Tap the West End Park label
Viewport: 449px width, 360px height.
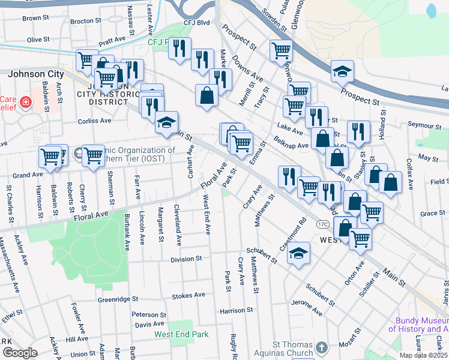[x=180, y=334]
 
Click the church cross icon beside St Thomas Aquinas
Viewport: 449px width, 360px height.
[x=322, y=347]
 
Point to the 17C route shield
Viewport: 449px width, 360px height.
[x=322, y=224]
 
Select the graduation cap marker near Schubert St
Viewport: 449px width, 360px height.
[x=298, y=254]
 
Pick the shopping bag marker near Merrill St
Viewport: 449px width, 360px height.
[x=206, y=95]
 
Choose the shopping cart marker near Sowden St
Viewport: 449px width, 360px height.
[x=280, y=52]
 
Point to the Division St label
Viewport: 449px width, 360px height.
[x=186, y=259]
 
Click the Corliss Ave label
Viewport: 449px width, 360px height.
[x=94, y=121]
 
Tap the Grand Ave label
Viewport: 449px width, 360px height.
[x=28, y=175]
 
